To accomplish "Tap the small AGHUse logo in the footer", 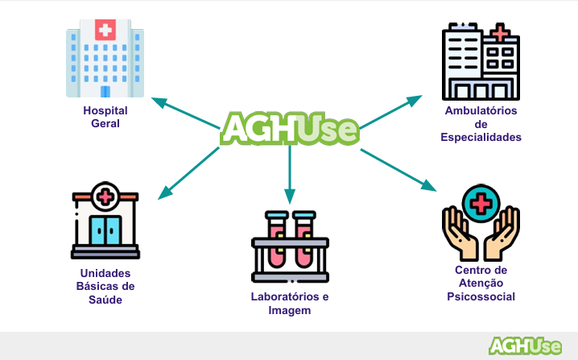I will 526,346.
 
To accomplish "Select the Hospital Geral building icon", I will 105,60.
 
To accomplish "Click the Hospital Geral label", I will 105,117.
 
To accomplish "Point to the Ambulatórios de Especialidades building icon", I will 481,60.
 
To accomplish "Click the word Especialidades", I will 481,138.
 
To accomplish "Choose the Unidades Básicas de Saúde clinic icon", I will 105,220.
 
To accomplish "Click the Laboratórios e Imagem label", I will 290,303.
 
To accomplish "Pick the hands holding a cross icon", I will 481,221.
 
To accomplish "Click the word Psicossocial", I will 481,296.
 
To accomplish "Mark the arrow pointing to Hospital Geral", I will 185,113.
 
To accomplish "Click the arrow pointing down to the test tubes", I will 290,173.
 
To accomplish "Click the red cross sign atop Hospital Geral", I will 105,31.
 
